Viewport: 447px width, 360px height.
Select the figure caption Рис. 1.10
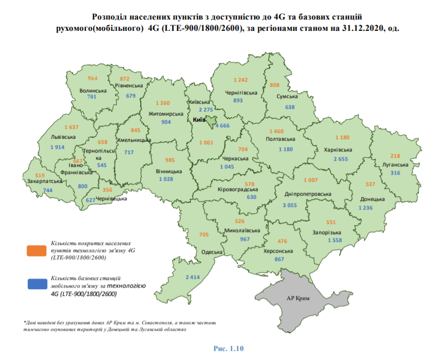[x=228, y=348]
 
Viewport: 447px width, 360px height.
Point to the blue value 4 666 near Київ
[x=223, y=125]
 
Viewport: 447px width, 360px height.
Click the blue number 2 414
[x=193, y=277]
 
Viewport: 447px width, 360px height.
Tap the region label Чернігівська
[x=241, y=93]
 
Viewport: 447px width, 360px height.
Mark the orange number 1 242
[x=241, y=80]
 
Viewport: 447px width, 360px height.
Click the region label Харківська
[x=338, y=150]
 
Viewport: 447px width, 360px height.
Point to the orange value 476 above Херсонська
[x=282, y=241]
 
